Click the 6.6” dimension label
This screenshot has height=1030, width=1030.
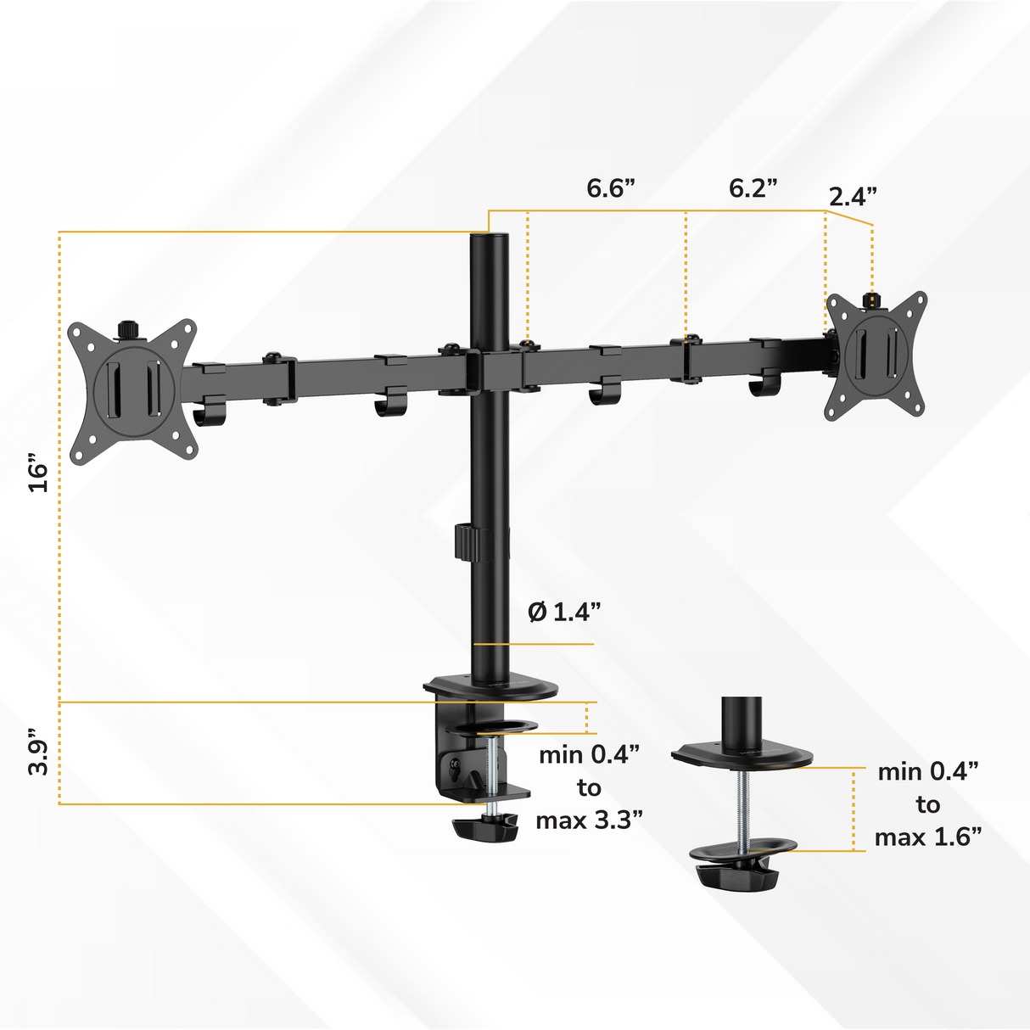coord(611,188)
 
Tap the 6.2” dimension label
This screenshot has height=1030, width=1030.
coord(753,188)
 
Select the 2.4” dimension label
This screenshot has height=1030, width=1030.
coord(853,197)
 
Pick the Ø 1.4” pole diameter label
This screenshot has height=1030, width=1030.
coord(564,612)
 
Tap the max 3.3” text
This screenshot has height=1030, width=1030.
coord(589,820)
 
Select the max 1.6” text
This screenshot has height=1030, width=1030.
coord(928,837)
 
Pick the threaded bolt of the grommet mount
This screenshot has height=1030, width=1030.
coord(743,806)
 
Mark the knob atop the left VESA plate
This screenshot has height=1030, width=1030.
coord(128,328)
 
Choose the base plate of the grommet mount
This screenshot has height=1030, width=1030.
coord(742,755)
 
